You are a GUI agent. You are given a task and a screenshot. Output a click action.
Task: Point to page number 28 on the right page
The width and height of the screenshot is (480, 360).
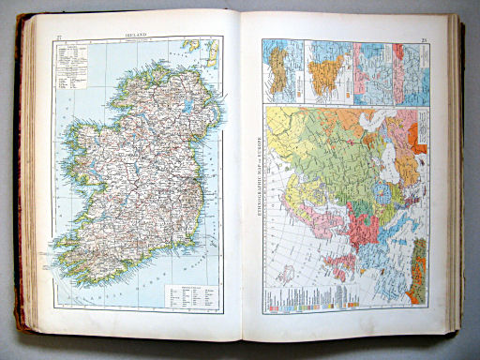[423, 38]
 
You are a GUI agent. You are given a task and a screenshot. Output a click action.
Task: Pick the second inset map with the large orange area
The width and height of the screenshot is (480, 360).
[325, 71]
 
